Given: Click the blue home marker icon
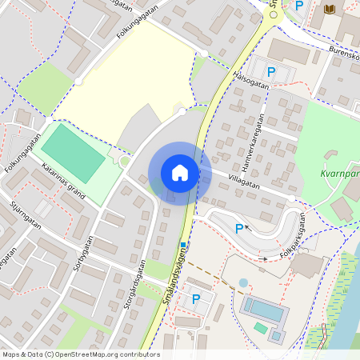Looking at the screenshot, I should (x=180, y=172).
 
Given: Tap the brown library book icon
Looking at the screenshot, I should (x=328, y=8).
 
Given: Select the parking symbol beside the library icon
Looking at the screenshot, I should (x=299, y=6).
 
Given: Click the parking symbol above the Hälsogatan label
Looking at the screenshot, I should (x=271, y=72).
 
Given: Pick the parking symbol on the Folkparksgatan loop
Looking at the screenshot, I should (x=238, y=229).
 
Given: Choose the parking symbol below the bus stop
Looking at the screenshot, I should (x=196, y=299).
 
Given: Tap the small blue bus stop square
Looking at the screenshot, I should (x=182, y=245).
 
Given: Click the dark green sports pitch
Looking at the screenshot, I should (x=73, y=153).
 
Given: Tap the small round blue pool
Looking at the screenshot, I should (x=243, y=283).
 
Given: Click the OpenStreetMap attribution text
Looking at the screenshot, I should (x=80, y=354).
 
